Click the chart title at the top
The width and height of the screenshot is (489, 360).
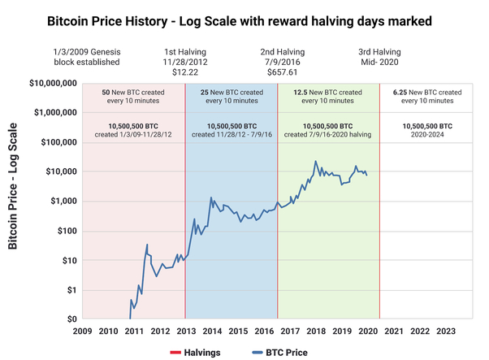pos(244,19)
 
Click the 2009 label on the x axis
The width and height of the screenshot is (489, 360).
pos(82,331)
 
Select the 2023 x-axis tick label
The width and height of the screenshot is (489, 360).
pos(445,331)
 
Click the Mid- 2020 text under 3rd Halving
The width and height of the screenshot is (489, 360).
pos(376,61)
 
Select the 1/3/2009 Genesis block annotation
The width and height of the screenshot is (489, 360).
pos(89,55)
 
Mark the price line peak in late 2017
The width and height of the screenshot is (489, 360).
pos(315,161)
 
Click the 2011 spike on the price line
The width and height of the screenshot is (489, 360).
pos(147,245)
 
